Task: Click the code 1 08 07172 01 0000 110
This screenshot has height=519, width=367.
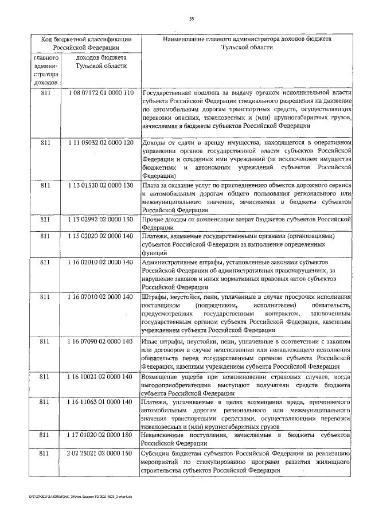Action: coord(100,92)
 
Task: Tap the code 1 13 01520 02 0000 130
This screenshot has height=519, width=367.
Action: coord(100,185)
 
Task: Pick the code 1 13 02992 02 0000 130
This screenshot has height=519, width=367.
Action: coord(100,219)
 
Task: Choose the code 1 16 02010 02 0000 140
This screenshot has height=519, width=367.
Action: coord(100,262)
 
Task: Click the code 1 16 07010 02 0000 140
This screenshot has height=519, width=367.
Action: coord(100,296)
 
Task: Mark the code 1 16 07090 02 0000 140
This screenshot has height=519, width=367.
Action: coord(100,341)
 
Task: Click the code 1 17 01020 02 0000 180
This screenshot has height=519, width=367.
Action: coord(100,436)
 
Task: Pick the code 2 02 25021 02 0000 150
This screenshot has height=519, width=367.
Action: coord(100,454)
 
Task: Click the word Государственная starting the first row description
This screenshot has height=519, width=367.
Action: coord(170,92)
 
